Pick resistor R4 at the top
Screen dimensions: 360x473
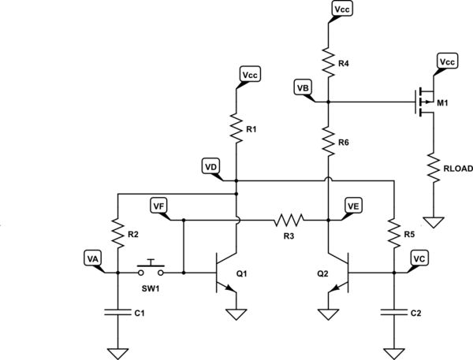[327, 57]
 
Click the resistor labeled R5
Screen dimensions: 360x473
[392, 232]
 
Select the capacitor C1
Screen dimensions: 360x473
[117, 312]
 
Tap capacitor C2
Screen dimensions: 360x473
[392, 312]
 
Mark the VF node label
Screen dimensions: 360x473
[160, 206]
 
